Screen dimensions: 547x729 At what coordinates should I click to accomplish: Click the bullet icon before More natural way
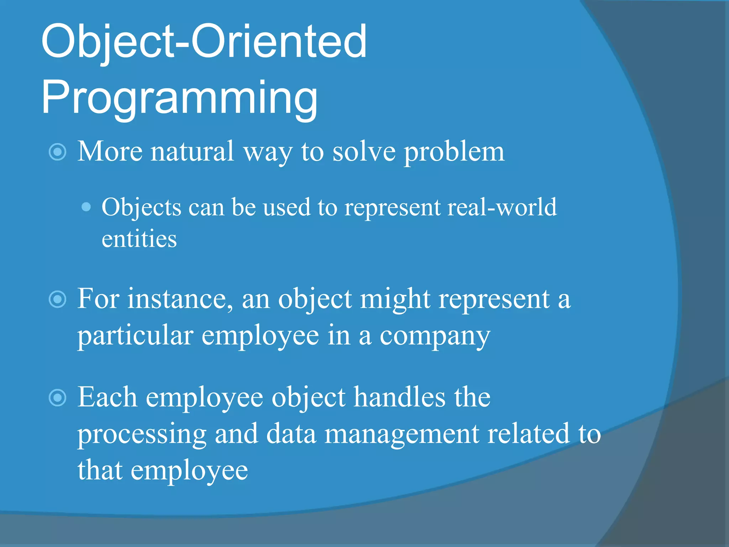click(57, 152)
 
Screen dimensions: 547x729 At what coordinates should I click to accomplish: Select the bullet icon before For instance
click(57, 299)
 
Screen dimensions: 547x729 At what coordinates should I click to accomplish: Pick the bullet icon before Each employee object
click(57, 398)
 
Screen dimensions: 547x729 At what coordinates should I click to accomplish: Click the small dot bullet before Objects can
click(86, 207)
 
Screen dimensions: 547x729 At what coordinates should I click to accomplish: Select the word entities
click(139, 239)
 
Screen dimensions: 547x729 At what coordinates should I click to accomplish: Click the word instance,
click(180, 299)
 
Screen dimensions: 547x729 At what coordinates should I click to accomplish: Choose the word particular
click(135, 336)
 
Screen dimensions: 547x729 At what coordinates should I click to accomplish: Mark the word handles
click(399, 397)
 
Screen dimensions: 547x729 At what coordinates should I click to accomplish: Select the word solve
click(364, 152)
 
